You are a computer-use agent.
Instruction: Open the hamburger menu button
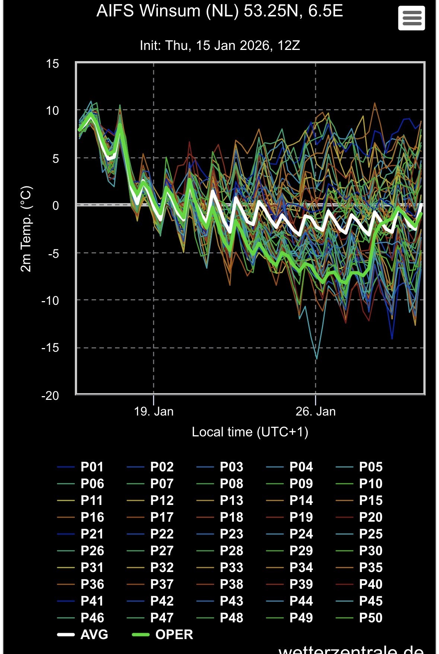point(411,18)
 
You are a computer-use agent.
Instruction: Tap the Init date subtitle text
point(220,45)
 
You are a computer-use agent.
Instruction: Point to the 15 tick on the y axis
point(53,64)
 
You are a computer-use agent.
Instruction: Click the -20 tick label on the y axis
point(50,395)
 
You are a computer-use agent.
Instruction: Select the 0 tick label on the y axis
point(55,205)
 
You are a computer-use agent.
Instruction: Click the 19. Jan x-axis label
point(153,411)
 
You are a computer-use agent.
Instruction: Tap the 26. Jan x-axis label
point(315,411)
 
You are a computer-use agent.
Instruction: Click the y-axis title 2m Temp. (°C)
point(26,229)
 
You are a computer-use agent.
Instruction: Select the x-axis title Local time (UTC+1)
point(250,432)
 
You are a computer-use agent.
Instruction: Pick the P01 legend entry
point(92,467)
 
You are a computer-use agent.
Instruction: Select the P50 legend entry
point(370,618)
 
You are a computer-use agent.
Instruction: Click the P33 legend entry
point(231,568)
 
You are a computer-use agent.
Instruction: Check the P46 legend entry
point(92,618)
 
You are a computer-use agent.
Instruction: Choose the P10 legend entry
point(370,484)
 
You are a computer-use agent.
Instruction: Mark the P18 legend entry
point(231,517)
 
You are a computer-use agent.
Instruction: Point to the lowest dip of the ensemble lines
point(316,358)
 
